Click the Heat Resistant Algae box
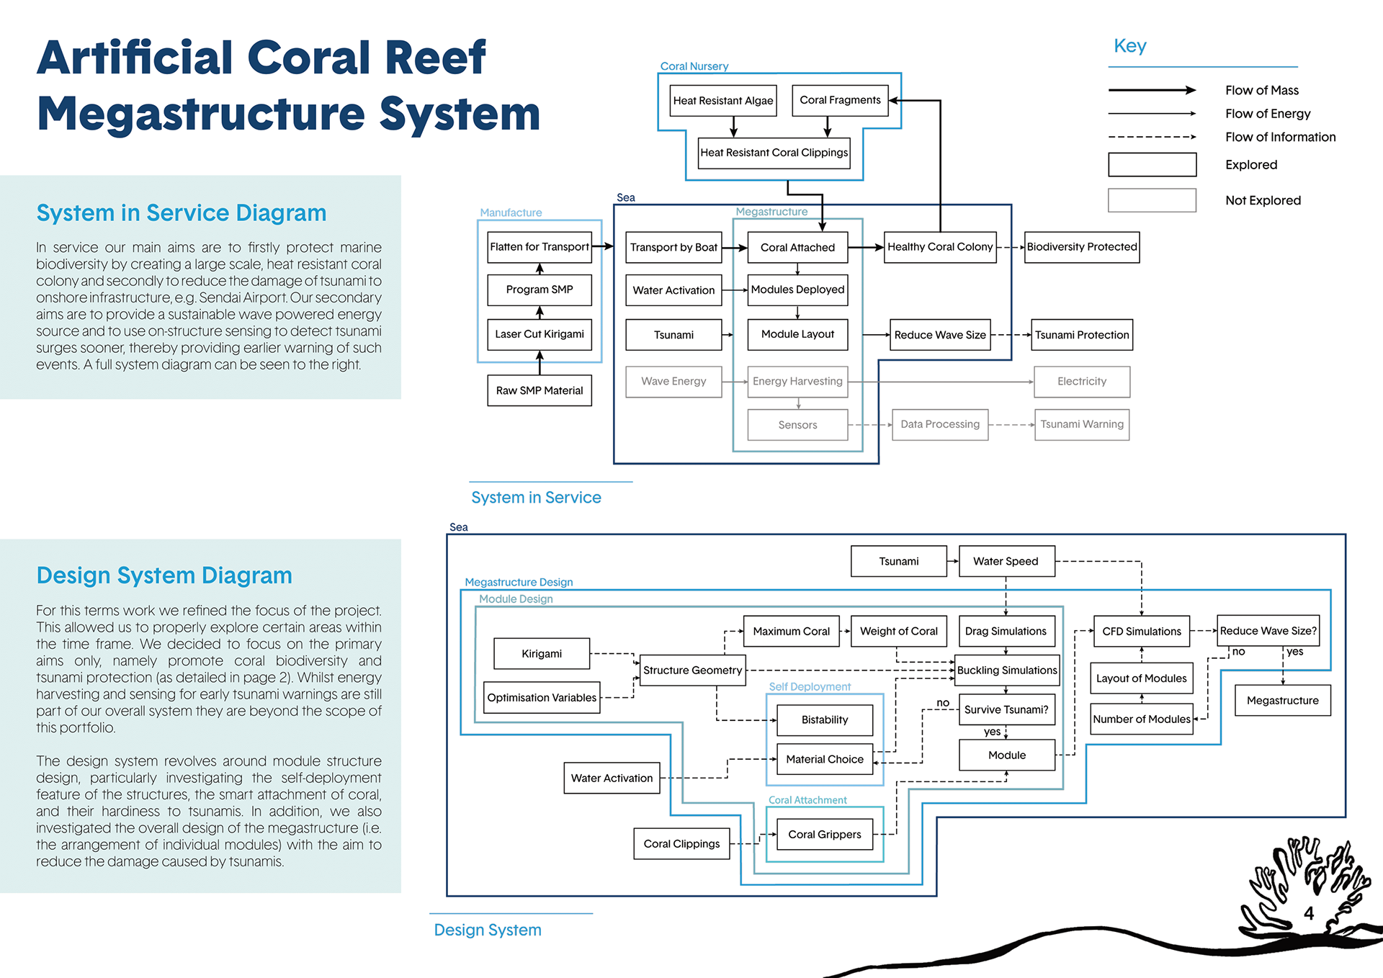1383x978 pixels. tap(722, 101)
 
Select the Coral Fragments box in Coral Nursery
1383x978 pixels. tap(840, 100)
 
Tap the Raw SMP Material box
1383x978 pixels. tap(540, 390)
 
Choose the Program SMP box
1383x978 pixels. tap(540, 290)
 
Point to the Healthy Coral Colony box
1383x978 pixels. tap(939, 247)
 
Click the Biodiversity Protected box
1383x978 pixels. tap(1081, 247)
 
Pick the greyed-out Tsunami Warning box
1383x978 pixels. tap(1081, 424)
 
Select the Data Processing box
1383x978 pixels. tap(939, 424)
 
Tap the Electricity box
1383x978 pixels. tap(1081, 382)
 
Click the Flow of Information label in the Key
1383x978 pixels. tap(1280, 137)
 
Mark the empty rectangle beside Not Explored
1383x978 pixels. tap(1152, 200)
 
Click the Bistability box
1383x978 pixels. tap(824, 719)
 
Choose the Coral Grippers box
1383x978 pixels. tap(824, 834)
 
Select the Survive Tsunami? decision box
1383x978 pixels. tap(1006, 709)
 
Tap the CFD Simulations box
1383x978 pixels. tap(1141, 632)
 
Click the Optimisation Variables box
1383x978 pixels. tap(542, 697)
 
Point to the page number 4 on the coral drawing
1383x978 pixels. tap(1309, 913)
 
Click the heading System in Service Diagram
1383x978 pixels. tap(182, 213)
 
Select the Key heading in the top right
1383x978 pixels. tap(1129, 46)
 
